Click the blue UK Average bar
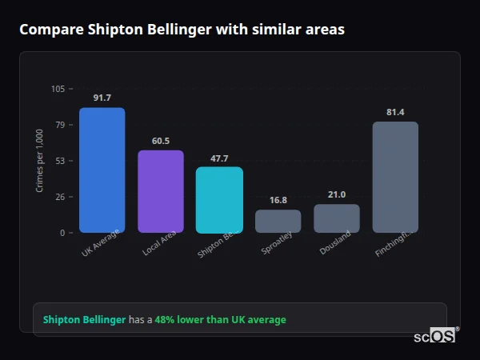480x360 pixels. (x=102, y=170)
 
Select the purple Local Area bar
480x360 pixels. (x=161, y=191)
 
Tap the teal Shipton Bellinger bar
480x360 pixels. (x=219, y=199)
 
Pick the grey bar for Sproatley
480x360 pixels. (x=278, y=221)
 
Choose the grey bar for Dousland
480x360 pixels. (x=337, y=218)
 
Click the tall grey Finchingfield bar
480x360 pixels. (x=395, y=177)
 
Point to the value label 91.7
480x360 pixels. (x=102, y=98)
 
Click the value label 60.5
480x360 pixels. (x=161, y=141)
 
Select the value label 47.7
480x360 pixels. (x=219, y=158)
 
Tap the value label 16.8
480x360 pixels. (x=278, y=200)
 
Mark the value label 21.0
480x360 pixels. (x=337, y=194)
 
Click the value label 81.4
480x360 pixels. (x=395, y=112)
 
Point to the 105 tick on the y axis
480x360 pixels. (x=58, y=89)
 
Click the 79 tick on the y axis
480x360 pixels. (x=60, y=125)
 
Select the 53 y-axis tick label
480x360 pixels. (x=60, y=161)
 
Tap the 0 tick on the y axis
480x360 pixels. (x=62, y=233)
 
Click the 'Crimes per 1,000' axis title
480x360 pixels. (x=40, y=161)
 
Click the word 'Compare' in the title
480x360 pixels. (x=50, y=30)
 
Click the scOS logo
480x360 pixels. (x=435, y=336)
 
